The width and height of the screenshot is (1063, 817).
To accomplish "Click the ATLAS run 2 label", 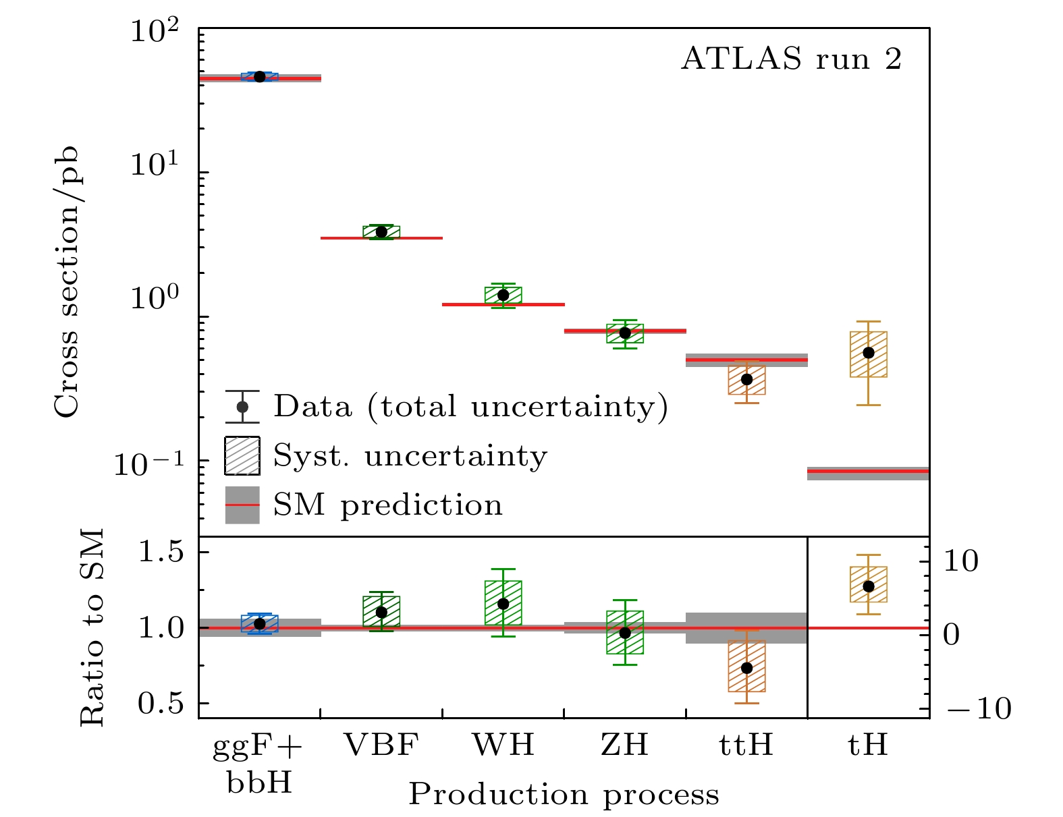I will coord(791,59).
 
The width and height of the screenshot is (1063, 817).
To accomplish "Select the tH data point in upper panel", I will coord(869,353).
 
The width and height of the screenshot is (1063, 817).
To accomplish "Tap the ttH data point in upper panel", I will coord(746,379).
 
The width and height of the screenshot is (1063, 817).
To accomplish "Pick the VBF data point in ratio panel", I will coord(381,613).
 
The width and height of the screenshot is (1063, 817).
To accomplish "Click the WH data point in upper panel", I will coord(503,295).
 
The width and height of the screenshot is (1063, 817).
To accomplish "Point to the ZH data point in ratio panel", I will coord(625,633).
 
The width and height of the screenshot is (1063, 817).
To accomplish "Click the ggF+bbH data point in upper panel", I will coord(260,77).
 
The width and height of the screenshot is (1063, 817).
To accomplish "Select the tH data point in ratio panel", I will coord(869,586).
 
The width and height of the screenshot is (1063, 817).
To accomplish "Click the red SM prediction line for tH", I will coord(869,472).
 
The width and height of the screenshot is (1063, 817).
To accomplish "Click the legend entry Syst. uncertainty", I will coord(410,456).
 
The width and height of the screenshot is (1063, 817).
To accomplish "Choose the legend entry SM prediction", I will coord(387,505).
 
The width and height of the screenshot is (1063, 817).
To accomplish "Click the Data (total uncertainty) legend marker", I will coord(242,407).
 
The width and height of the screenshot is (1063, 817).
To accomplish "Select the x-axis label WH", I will coord(503,745).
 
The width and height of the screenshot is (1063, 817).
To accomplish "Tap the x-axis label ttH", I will coord(746,745).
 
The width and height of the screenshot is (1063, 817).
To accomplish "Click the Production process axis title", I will coord(564,795).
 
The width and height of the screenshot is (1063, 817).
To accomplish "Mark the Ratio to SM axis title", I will coord(93,627).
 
